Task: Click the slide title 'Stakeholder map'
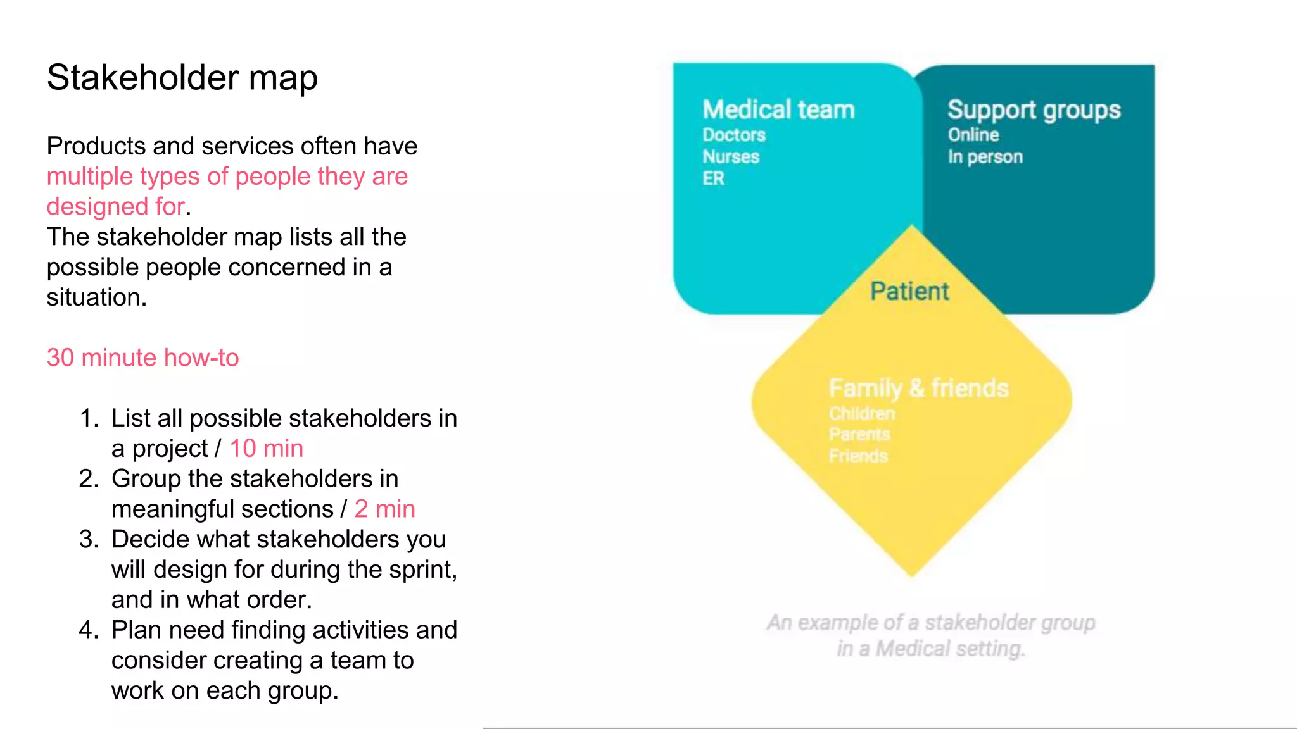[182, 78]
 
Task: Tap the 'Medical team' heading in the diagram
[778, 109]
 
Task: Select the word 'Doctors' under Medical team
[734, 135]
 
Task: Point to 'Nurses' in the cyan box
[731, 156]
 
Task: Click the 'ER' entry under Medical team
[713, 178]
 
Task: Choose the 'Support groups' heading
[1034, 109]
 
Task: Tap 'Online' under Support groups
[973, 135]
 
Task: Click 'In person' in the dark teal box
[985, 156]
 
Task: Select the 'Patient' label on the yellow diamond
[909, 291]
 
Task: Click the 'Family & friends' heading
[918, 388]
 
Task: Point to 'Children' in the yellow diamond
[862, 413]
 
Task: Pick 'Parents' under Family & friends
[859, 434]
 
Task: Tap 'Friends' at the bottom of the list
[858, 456]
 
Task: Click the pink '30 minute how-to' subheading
[142, 358]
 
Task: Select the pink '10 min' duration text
[266, 448]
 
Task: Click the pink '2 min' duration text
[384, 509]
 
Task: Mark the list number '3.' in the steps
[89, 539]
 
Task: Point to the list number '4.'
[89, 630]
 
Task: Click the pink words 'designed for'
[116, 206]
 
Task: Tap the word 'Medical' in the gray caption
[913, 649]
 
